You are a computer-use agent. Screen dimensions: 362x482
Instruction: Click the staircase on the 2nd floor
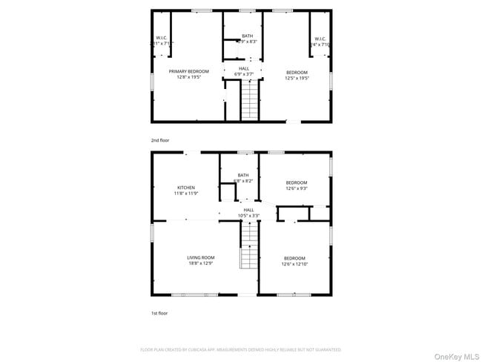[x=251, y=100]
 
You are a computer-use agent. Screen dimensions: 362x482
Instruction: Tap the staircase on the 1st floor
[x=248, y=249]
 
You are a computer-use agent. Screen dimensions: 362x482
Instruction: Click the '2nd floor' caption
[x=159, y=139]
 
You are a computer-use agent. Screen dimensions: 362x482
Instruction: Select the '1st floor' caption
[x=159, y=313]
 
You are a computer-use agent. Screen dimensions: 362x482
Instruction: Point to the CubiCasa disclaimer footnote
[x=240, y=349]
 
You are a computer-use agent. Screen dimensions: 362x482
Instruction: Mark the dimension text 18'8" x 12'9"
[x=200, y=263]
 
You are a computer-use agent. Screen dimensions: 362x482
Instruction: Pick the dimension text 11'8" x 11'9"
[x=185, y=194]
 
